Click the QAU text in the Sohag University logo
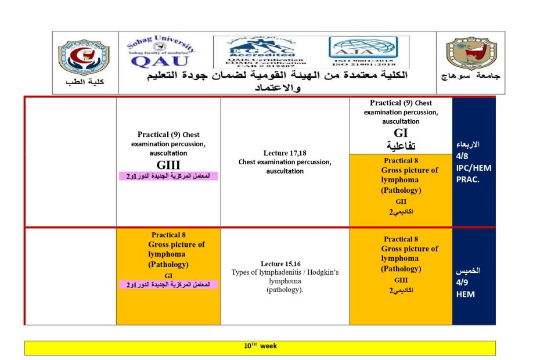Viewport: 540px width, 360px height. pos(160,61)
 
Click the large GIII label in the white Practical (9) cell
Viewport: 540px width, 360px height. pos(168,165)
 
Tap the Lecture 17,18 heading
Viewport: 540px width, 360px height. pos(285,153)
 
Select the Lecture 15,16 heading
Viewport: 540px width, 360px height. pos(285,264)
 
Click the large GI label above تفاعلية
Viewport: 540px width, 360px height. pos(401,133)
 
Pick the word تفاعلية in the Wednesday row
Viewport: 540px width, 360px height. pos(401,145)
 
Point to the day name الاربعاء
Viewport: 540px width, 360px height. pos(469,145)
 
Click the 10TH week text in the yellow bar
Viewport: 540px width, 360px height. pos(260,347)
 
